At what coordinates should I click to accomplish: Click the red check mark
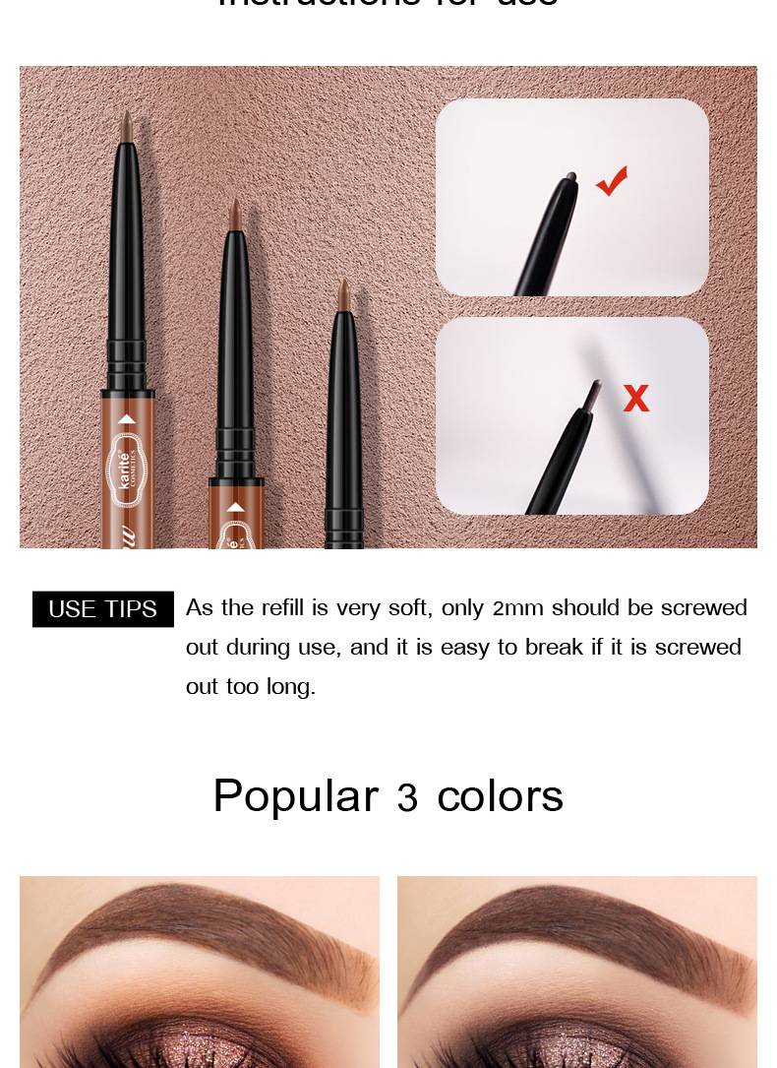pos(612,181)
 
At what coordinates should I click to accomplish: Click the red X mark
pos(636,399)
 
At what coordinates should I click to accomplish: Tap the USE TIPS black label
pos(103,609)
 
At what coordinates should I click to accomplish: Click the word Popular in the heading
pos(295,796)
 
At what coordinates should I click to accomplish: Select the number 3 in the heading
pos(407,798)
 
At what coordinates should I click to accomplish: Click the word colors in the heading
pos(500,796)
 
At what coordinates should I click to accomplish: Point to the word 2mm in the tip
pos(517,608)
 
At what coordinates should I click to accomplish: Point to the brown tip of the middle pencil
pos(235,213)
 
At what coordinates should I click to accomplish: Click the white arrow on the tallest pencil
pos(126,419)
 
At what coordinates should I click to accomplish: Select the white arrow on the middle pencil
pos(235,508)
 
